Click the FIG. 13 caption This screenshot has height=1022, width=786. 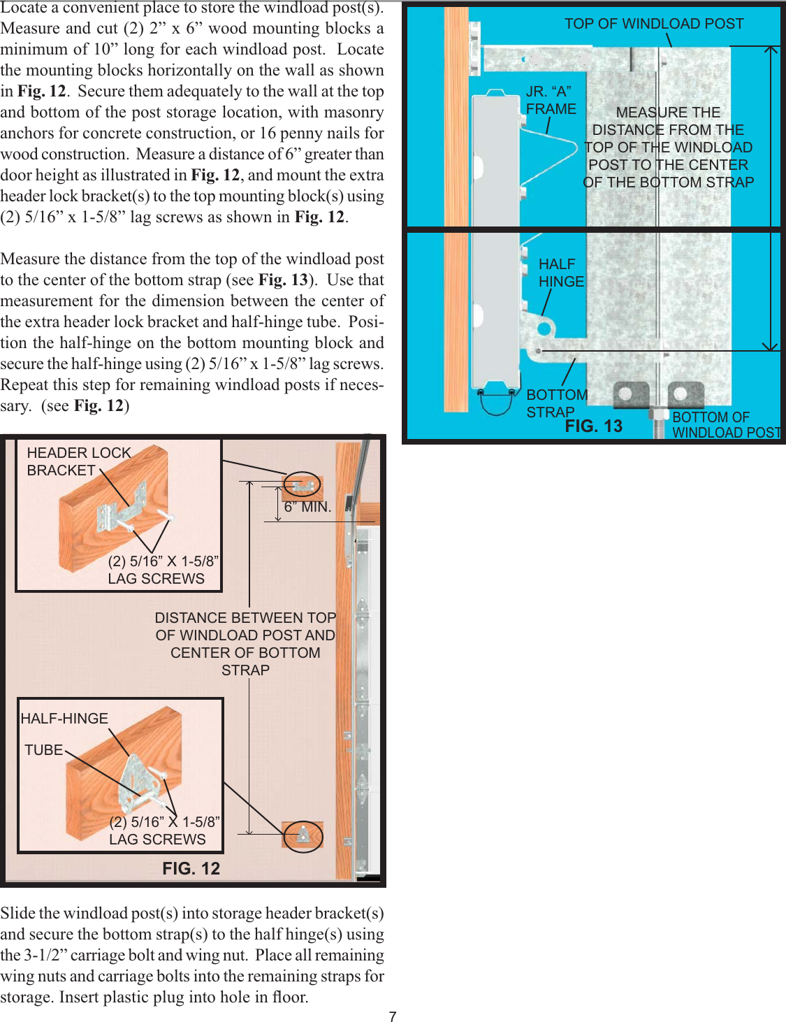[593, 426]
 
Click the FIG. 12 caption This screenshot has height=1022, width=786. [191, 868]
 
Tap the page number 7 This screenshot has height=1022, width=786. [393, 1016]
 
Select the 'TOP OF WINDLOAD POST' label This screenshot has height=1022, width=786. [654, 24]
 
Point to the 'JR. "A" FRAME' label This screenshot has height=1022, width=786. [551, 100]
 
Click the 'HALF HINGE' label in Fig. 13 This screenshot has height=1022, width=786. [560, 273]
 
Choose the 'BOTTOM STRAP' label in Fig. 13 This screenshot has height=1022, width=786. [556, 403]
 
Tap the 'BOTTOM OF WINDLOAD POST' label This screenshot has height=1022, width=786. [726, 424]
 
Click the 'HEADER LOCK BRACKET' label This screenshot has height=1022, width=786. [78, 461]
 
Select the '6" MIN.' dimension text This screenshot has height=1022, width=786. [307, 507]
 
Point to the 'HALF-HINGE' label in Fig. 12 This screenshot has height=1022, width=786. [64, 719]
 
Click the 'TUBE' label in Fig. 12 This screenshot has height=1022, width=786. [43, 750]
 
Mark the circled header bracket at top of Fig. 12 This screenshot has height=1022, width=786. [303, 484]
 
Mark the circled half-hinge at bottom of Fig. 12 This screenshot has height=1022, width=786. [303, 836]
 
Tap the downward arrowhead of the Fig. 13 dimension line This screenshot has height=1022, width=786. [770, 345]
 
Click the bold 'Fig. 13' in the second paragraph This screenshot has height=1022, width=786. [282, 280]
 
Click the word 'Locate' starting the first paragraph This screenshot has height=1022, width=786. [25, 8]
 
